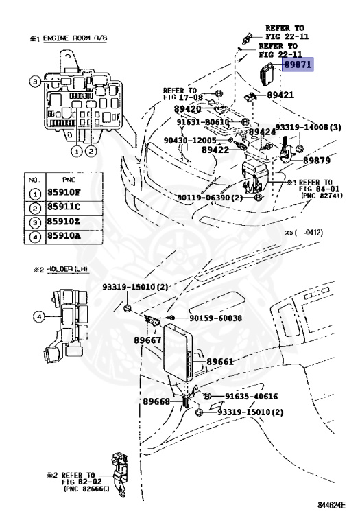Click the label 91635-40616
[252, 397]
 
